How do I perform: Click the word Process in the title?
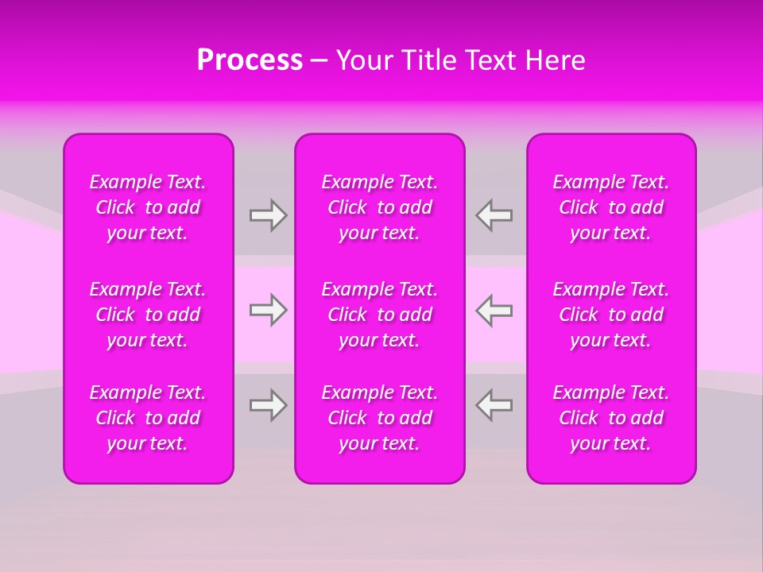(x=250, y=60)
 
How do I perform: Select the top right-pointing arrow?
(x=268, y=215)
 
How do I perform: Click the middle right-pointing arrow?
(x=268, y=310)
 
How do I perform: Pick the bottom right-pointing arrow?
(x=268, y=405)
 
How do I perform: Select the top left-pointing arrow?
(x=494, y=215)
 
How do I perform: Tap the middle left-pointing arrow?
(x=494, y=310)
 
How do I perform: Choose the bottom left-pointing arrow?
(x=494, y=405)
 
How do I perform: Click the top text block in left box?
(x=148, y=207)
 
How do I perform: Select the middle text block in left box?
(x=148, y=315)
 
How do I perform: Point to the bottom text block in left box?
(x=148, y=418)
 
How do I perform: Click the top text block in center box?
(x=380, y=207)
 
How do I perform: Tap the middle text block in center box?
(x=380, y=315)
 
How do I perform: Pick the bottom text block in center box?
(x=380, y=418)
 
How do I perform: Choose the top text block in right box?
(x=611, y=207)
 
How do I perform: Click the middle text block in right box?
(x=611, y=315)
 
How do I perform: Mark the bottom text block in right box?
(x=611, y=418)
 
